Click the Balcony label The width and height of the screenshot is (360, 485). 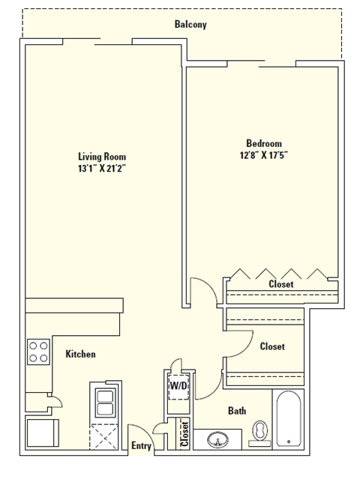click(190, 25)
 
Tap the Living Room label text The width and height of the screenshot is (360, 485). click(100, 157)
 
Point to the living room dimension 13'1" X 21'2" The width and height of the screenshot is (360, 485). click(100, 169)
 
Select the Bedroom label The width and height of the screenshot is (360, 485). click(264, 143)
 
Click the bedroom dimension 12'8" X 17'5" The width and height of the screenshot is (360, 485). click(264, 155)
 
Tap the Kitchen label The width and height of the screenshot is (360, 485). click(80, 354)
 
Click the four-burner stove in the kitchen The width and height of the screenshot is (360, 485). click(38, 352)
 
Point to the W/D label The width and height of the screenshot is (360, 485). click(178, 386)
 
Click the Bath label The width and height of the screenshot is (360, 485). click(237, 411)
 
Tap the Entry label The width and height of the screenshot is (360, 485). click(141, 446)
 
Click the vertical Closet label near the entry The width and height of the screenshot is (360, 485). click(184, 434)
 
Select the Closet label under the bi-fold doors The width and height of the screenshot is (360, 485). click(281, 284)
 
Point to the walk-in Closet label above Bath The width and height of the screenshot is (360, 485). click(271, 346)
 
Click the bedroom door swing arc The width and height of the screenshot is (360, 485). click(199, 289)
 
